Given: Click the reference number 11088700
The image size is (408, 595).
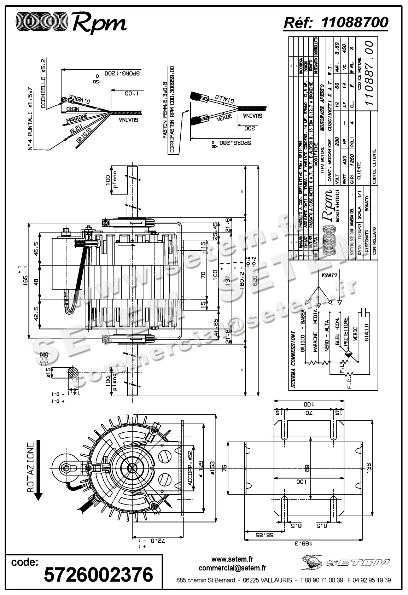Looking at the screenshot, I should click(355, 22).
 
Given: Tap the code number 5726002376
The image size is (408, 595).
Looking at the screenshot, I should click(98, 574).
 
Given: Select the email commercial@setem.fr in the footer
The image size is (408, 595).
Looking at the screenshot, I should click(232, 568).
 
